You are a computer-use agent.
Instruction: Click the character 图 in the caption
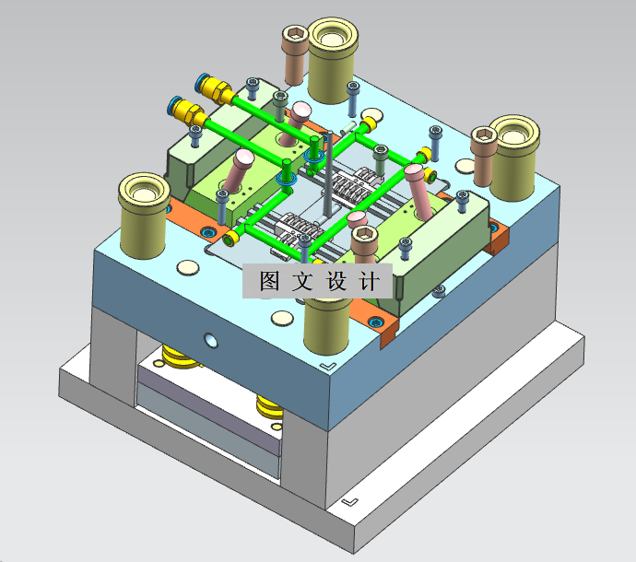(x=269, y=281)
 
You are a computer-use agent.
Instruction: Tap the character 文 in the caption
(x=302, y=281)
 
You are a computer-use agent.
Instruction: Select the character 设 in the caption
(x=336, y=281)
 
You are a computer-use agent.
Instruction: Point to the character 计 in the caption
(x=369, y=281)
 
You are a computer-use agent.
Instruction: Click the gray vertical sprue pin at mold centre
(x=329, y=173)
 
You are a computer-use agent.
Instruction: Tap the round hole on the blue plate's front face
(x=210, y=341)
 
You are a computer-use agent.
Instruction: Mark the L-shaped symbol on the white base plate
(x=350, y=502)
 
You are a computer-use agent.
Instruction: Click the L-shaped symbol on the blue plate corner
(x=328, y=366)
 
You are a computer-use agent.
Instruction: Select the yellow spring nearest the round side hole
(x=179, y=357)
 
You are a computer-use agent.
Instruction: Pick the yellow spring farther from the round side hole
(x=269, y=406)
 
